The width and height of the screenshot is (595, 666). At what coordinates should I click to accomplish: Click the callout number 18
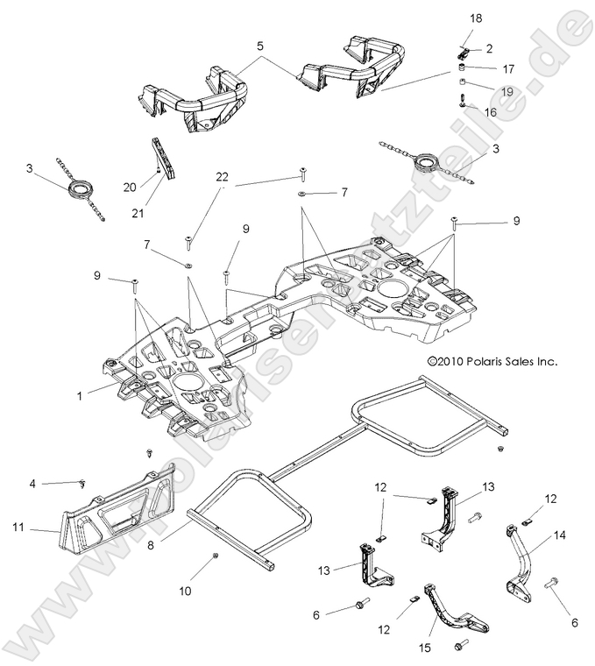click(476, 17)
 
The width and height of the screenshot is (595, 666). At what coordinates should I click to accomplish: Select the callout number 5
click(259, 45)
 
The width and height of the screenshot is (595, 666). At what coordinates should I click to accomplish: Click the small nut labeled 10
click(215, 556)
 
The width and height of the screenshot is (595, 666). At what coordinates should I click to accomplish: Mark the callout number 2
click(489, 49)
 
